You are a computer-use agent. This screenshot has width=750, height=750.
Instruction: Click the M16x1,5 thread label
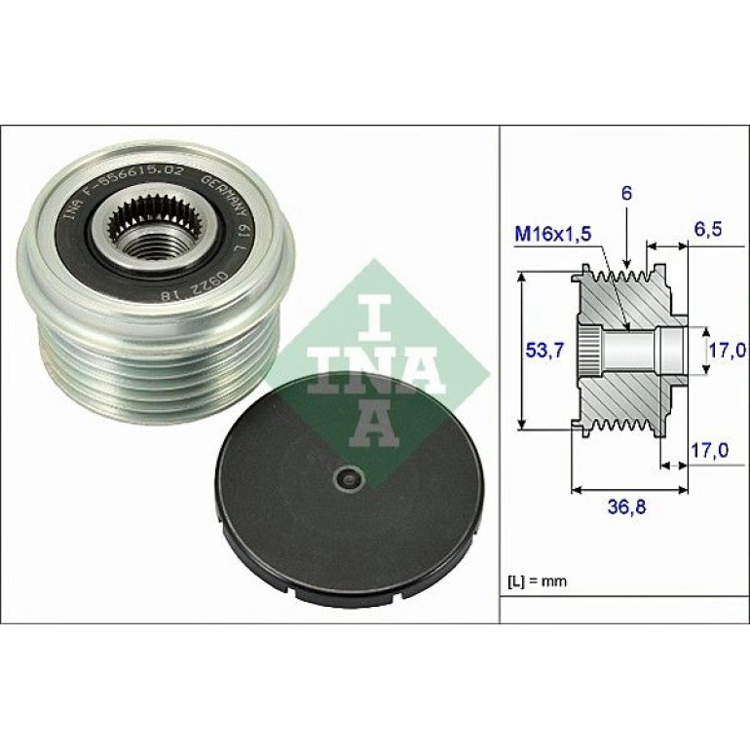click(x=553, y=234)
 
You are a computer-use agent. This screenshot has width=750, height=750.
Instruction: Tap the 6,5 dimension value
click(x=706, y=229)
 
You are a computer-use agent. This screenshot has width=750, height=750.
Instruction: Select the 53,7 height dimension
click(x=545, y=350)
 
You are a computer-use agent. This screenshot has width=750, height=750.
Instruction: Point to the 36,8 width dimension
click(x=626, y=506)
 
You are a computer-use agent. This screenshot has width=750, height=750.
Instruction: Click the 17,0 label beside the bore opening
click(x=727, y=350)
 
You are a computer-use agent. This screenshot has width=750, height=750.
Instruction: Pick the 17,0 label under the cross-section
click(x=710, y=450)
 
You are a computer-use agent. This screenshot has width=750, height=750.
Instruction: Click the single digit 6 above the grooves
click(x=626, y=194)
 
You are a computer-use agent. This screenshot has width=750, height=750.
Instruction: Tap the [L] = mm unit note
click(x=537, y=581)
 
